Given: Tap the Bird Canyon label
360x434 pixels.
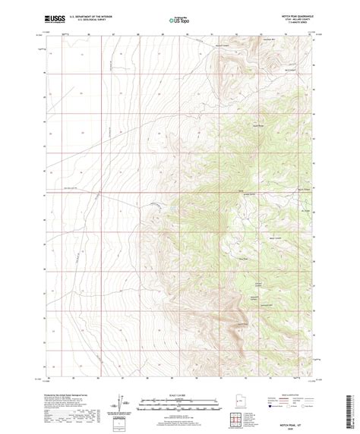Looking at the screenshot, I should coord(290,68).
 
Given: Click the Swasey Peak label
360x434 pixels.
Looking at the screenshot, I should coord(257,125).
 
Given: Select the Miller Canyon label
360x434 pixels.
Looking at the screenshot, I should coord(276,239).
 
